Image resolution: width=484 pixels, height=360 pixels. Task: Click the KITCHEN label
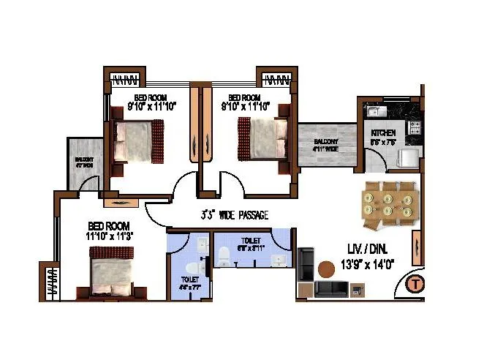383,133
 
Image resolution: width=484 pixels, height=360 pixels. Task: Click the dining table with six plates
389,200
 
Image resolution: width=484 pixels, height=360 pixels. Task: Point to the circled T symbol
416,284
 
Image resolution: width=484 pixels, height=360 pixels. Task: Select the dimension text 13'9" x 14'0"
368,265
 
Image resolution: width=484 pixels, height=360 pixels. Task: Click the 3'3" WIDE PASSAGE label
235,215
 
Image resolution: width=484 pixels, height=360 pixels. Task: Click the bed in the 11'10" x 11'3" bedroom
112,269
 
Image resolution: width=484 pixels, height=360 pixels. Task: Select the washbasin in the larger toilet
279,261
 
